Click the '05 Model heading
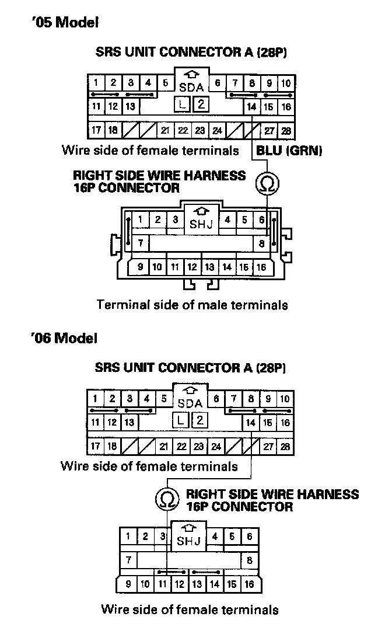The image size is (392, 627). point(64,23)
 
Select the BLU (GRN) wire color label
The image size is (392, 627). point(289,151)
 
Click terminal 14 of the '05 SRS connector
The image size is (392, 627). point(251,107)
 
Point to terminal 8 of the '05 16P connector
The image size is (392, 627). point(262,242)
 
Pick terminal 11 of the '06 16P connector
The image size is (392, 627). point(163,583)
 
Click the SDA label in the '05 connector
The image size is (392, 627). point(191,88)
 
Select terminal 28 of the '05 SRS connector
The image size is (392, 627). point(286,130)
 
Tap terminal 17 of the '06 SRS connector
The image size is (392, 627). point(96,447)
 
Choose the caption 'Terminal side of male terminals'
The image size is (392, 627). point(192,305)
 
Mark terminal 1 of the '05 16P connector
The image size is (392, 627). point(141,220)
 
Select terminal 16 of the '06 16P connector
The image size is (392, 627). point(249,583)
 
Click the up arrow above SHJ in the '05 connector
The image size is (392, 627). point(201,211)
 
